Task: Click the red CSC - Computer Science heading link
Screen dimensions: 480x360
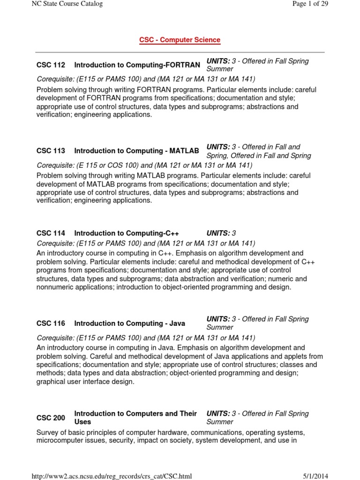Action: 180,40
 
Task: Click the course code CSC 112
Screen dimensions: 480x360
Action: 51,65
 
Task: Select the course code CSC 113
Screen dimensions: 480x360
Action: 51,151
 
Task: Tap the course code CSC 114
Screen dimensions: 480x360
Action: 51,233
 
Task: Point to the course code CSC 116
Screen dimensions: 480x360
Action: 51,323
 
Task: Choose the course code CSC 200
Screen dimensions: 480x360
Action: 51,418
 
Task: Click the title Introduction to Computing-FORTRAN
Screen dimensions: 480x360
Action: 137,65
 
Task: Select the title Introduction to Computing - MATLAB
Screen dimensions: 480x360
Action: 136,151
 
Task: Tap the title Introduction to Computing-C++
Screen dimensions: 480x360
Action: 127,233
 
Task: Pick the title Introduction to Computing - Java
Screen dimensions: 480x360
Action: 129,323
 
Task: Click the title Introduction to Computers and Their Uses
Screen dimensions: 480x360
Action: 135,418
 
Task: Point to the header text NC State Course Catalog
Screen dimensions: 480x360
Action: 67,4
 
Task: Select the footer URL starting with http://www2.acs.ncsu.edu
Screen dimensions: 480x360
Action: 112,476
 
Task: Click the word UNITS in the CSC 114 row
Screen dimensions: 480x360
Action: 218,233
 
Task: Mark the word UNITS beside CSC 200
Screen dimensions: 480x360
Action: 218,413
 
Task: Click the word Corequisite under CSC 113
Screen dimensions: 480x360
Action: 55,165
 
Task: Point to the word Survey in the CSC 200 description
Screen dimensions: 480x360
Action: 48,432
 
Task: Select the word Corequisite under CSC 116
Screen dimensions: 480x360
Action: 55,338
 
